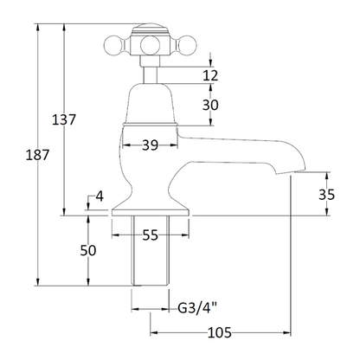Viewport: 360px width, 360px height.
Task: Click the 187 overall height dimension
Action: pos(37,155)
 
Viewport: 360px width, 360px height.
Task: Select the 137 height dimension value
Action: pos(63,119)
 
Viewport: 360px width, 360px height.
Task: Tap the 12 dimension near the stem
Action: pos(210,75)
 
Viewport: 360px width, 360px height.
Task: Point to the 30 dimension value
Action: pos(210,105)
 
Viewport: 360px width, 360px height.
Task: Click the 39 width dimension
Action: pos(151,145)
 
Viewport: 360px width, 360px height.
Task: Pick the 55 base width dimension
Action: pos(151,235)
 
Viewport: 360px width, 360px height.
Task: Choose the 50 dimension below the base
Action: pos(88,250)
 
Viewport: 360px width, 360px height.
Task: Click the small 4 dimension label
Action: pos(100,196)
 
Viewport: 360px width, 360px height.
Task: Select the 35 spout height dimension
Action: pos(326,195)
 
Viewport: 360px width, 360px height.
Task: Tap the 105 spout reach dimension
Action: pos(220,333)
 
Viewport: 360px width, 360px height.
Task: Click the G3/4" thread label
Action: pos(197,308)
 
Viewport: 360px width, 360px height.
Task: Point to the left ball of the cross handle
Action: pos(113,45)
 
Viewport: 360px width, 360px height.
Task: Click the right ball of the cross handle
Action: pos(186,45)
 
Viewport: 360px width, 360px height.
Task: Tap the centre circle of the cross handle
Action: pos(150,45)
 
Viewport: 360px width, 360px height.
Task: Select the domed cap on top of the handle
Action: pos(150,29)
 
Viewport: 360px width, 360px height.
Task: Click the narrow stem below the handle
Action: pos(151,75)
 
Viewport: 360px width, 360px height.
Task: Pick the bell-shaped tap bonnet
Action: pos(150,104)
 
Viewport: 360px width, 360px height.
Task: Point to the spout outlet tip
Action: pos(290,172)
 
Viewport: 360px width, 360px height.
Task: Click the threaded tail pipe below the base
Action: pos(150,250)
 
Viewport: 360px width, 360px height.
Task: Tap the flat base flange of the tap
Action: pos(151,212)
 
